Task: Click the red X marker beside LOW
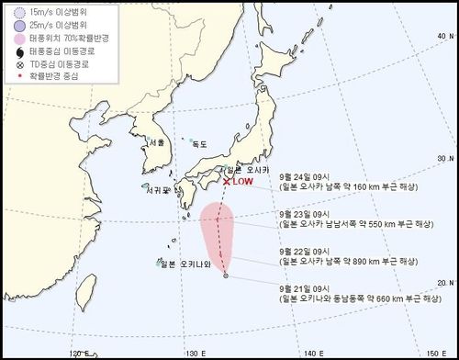pyautogui.click(x=227, y=181)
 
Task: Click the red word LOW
pyautogui.click(x=242, y=182)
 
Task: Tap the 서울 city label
pyautogui.click(x=155, y=142)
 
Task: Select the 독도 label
pyautogui.click(x=200, y=144)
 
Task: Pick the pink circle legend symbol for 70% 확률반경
pyautogui.click(x=10, y=38)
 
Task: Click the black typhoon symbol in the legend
pyautogui.click(x=10, y=51)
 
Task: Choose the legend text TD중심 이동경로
pyautogui.click(x=49, y=65)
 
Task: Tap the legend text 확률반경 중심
pyautogui.click(x=42, y=77)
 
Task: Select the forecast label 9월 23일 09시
pyautogui.click(x=308, y=213)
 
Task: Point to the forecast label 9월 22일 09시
pyautogui.click(x=308, y=249)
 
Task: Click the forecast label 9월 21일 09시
pyautogui.click(x=308, y=284)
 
